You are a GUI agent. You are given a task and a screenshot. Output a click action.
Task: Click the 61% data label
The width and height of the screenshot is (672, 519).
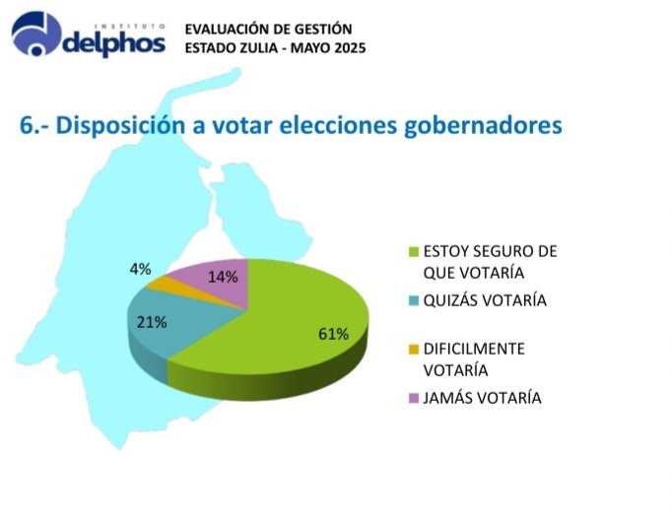(333, 334)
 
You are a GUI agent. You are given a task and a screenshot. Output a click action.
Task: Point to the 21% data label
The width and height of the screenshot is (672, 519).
(152, 322)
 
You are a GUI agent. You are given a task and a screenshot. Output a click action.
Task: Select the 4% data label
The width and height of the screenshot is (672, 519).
(140, 268)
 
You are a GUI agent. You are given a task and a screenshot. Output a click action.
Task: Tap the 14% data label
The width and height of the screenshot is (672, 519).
(223, 277)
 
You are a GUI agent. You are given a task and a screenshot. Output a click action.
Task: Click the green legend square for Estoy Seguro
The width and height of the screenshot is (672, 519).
(414, 252)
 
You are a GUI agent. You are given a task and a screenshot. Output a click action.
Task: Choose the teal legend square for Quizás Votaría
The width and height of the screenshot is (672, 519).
(414, 300)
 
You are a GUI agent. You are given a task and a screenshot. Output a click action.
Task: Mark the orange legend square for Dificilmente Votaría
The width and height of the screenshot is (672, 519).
(414, 349)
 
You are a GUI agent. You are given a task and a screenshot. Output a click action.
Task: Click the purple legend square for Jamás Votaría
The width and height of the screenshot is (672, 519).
(414, 397)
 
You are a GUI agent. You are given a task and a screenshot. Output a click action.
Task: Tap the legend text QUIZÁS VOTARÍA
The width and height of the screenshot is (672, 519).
(485, 300)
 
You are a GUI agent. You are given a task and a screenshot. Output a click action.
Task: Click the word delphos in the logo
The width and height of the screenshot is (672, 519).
(116, 44)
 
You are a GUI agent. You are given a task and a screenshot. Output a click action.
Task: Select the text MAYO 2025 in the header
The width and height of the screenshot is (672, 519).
(332, 48)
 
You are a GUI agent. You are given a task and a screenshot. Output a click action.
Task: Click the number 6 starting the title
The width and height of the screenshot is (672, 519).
(27, 126)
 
